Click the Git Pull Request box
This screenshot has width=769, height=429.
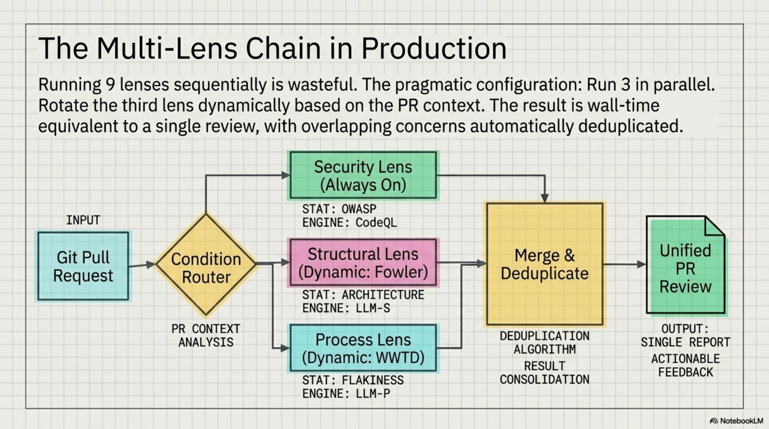point(83,266)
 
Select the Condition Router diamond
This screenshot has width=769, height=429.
point(206,264)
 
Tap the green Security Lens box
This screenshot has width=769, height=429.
point(363,175)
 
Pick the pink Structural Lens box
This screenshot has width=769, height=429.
point(363,263)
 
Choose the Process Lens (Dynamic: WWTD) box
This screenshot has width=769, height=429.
point(363,348)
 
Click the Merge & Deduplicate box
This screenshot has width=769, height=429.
point(545,264)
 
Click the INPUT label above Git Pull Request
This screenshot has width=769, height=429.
point(83,220)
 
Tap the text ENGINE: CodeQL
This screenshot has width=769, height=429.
point(349,223)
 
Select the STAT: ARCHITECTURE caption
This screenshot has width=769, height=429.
point(363,295)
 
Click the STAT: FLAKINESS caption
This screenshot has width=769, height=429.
point(353,380)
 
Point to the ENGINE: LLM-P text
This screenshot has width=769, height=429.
point(346,394)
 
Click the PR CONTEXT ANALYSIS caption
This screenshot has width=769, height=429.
point(206,336)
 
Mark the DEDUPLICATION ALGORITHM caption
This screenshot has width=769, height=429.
point(545,342)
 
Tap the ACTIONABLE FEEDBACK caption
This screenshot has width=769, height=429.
point(685,365)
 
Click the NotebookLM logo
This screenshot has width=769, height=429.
point(737,421)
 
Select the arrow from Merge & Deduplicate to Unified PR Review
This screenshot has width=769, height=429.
point(624,264)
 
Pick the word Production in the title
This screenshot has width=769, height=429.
point(434,49)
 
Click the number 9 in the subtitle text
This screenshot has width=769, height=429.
point(110,85)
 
